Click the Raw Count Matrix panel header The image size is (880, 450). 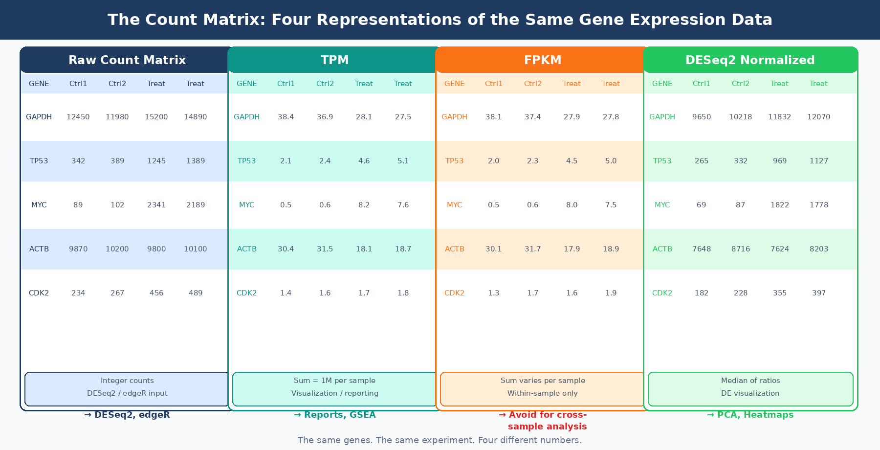click(127, 60)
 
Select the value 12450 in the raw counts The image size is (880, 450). click(78, 117)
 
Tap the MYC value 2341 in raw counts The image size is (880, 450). click(156, 205)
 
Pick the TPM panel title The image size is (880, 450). click(335, 60)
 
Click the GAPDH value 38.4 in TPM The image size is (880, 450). click(286, 117)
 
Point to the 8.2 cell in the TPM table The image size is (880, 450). click(364, 205)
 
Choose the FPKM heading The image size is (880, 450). click(543, 60)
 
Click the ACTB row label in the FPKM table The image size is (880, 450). click(455, 249)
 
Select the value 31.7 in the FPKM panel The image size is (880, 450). click(533, 249)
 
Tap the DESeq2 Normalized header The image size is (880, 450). click(750, 60)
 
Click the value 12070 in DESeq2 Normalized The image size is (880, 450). click(819, 117)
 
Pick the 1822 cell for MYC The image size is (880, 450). click(780, 205)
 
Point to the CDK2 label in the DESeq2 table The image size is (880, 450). click(662, 293)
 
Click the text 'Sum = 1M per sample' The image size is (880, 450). click(335, 381)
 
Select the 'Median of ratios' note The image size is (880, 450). click(750, 381)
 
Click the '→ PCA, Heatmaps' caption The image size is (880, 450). click(750, 415)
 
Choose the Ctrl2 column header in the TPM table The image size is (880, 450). click(325, 84)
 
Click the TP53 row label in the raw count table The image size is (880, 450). click(39, 161)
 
